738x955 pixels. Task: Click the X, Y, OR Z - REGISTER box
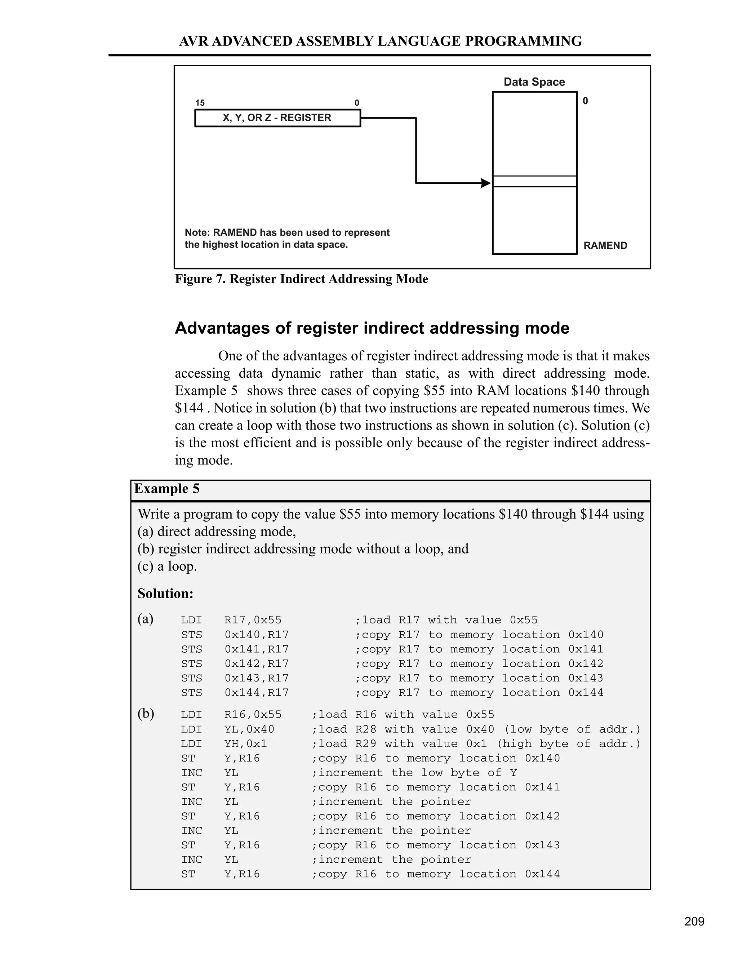click(x=277, y=118)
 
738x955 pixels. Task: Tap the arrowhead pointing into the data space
click(x=485, y=183)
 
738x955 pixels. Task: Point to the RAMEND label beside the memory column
click(x=605, y=246)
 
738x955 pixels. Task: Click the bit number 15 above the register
click(x=200, y=103)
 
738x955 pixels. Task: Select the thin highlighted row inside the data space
click(x=534, y=182)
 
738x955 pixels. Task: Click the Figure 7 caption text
click(x=301, y=279)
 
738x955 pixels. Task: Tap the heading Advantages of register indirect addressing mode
click(x=372, y=328)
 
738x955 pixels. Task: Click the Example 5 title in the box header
click(x=166, y=489)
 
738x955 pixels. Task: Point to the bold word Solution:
click(x=165, y=594)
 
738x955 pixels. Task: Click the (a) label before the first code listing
click(x=145, y=619)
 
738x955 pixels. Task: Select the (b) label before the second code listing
click(x=146, y=714)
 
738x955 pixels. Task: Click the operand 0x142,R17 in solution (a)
click(x=257, y=664)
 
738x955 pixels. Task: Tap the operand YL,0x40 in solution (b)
click(x=249, y=729)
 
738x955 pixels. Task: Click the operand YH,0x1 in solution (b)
click(x=246, y=744)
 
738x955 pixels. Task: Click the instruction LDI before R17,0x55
click(x=191, y=620)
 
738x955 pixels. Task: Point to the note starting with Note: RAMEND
click(x=287, y=239)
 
